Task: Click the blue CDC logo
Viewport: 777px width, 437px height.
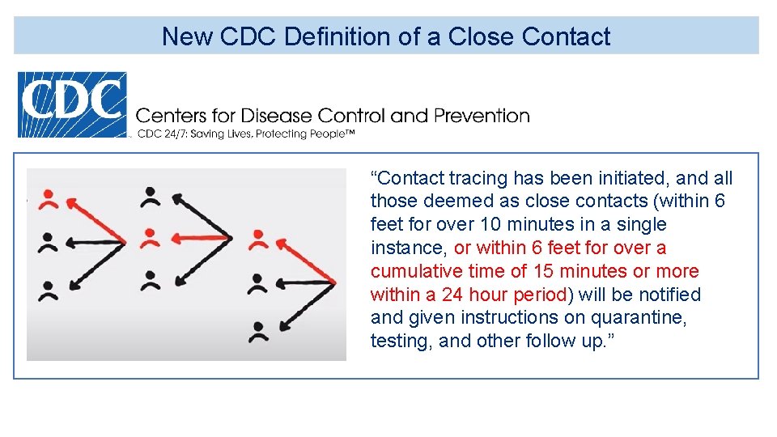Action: click(73, 104)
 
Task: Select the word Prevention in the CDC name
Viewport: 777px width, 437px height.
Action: click(482, 116)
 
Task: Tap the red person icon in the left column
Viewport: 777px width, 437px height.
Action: click(49, 198)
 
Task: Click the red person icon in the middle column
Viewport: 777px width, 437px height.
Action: click(149, 238)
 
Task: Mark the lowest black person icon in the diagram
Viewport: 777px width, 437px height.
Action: click(258, 331)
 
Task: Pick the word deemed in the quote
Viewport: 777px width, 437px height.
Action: click(448, 202)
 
